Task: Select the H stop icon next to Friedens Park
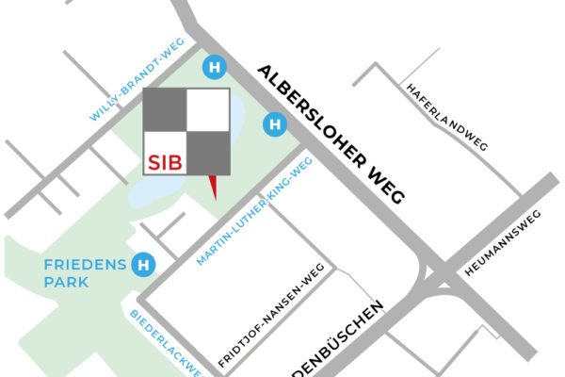(x=143, y=265)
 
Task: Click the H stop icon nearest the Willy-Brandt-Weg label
(x=217, y=67)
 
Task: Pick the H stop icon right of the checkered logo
(x=274, y=123)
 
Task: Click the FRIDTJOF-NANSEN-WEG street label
(x=272, y=315)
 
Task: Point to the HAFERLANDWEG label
(x=445, y=118)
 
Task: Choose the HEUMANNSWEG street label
(x=502, y=247)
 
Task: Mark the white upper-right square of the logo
(x=207, y=110)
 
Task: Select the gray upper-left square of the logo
(x=165, y=110)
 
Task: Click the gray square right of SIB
(x=207, y=154)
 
